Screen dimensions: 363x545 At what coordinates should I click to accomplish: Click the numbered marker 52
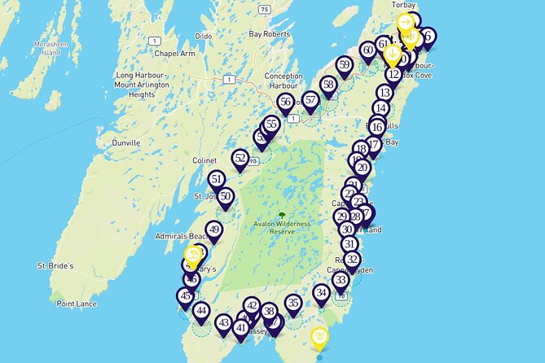tap(240, 158)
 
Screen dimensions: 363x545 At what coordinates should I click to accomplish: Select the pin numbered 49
tap(214, 230)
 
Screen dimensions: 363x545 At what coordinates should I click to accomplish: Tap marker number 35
tap(293, 303)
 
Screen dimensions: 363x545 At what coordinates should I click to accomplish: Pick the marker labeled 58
tap(329, 84)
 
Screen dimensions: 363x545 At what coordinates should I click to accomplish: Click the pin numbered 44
tap(201, 311)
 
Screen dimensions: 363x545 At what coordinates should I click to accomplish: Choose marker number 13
tap(385, 93)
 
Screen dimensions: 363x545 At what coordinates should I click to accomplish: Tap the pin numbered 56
tap(285, 102)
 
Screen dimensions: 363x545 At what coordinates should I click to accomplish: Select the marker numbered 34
tap(321, 292)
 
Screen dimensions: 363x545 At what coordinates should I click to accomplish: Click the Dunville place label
tap(126, 142)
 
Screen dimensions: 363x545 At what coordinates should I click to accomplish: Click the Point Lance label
tap(77, 304)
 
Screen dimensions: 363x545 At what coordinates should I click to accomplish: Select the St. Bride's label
tap(55, 265)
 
